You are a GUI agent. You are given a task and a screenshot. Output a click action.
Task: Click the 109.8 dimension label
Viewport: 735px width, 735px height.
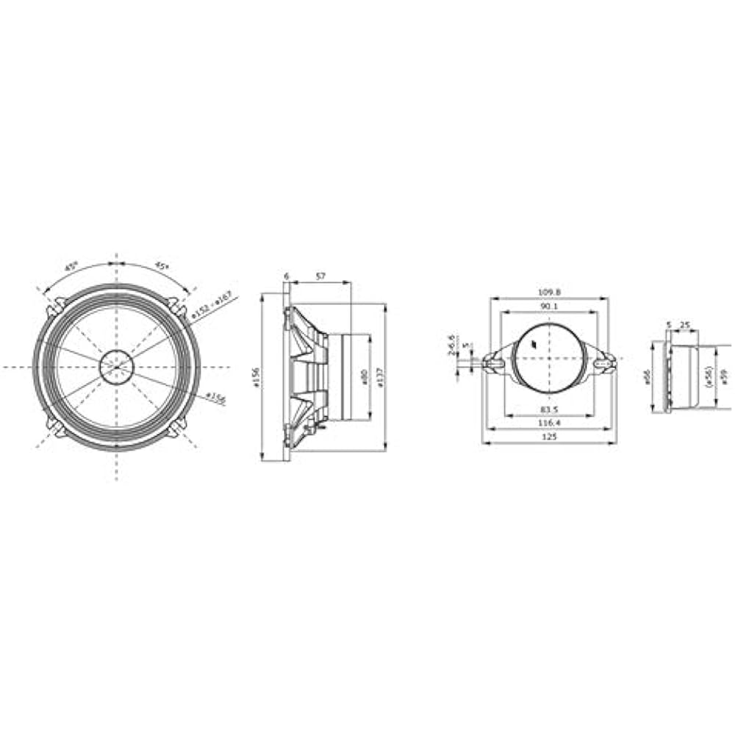(549, 292)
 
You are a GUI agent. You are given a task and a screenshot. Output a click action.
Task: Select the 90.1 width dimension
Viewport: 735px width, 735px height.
(549, 306)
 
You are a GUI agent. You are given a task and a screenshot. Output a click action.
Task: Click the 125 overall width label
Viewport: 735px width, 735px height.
(549, 437)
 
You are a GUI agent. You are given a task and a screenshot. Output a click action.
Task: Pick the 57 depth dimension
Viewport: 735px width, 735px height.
(320, 276)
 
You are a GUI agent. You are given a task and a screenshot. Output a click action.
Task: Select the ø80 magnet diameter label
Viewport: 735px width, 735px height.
(363, 378)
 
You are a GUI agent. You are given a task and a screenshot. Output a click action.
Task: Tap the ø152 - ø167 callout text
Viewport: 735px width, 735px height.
(211, 306)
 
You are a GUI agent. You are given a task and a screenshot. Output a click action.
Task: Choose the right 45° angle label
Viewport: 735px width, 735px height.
(162, 267)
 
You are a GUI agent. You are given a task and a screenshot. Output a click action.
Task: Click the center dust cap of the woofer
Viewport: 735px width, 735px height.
(116, 366)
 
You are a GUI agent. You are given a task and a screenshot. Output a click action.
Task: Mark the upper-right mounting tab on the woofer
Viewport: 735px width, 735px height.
(174, 304)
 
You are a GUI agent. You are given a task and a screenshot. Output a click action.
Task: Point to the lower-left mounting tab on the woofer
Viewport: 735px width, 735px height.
(56, 427)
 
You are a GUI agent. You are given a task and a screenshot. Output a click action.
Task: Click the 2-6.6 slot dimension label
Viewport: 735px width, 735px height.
(451, 344)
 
